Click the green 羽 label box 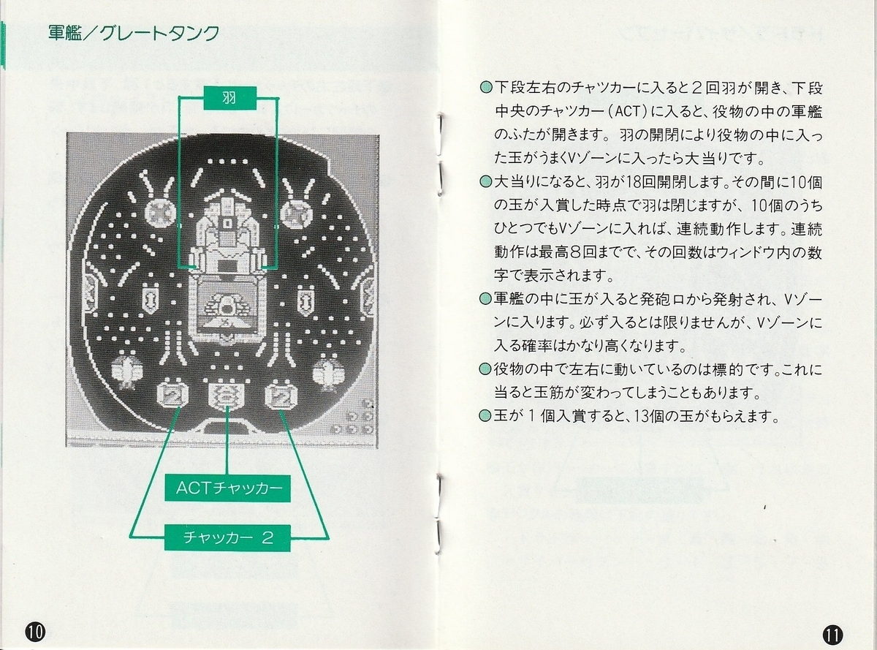[229, 98]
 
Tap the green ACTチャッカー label [228, 488]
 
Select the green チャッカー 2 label [228, 537]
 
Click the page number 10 [35, 632]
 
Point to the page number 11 [832, 634]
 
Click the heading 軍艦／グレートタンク [134, 34]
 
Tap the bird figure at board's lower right [329, 371]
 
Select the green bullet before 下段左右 [486, 88]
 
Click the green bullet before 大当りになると [486, 182]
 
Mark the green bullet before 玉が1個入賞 [486, 416]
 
